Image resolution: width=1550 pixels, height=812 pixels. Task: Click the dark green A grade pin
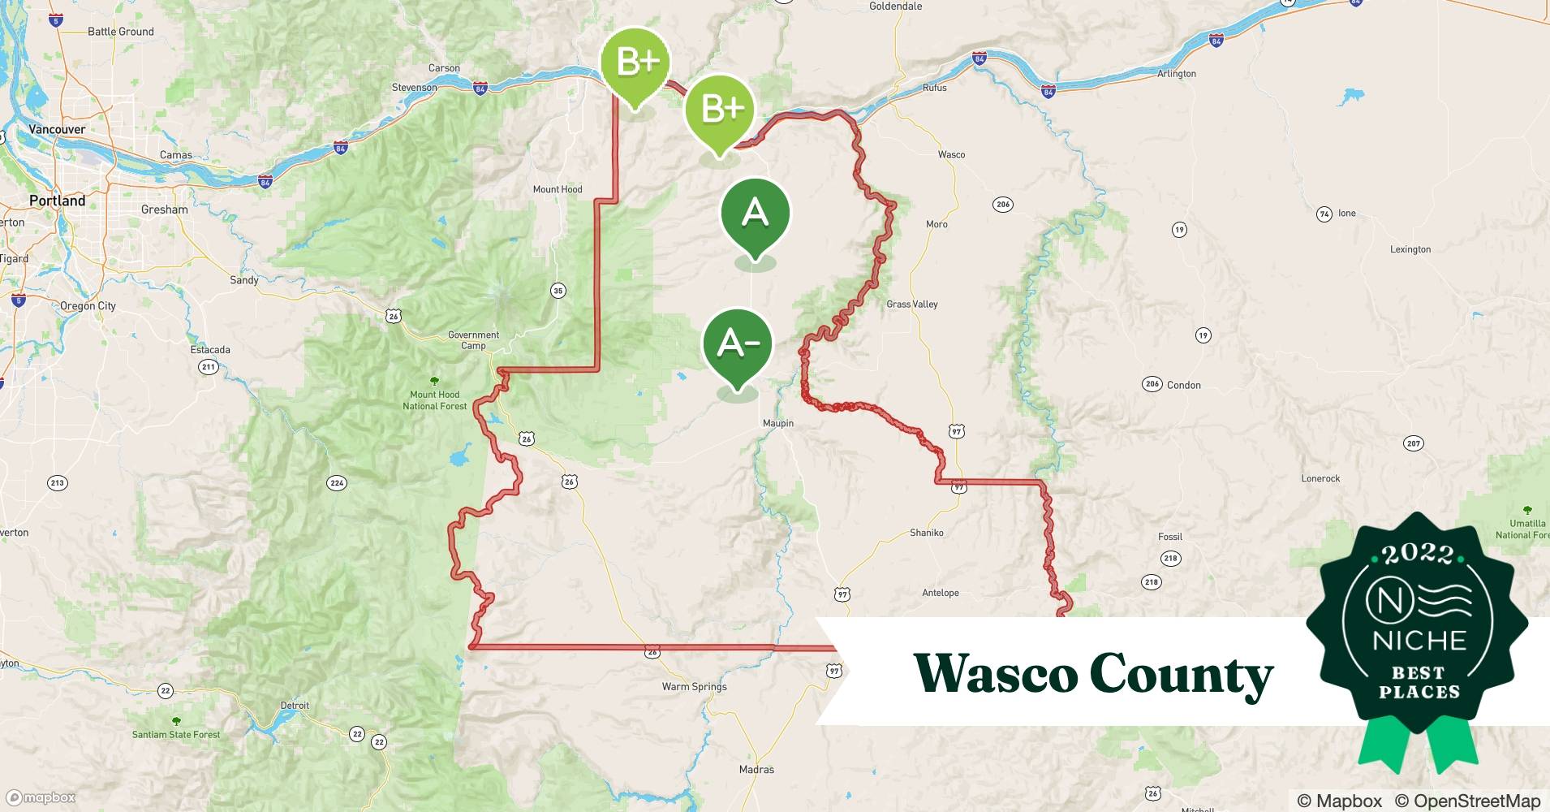[755, 214]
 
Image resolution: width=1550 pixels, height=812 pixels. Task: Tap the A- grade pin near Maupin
[738, 343]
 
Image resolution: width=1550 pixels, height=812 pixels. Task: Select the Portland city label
[57, 201]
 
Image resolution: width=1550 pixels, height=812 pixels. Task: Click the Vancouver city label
[57, 129]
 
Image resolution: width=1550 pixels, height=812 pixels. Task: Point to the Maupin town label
[777, 423]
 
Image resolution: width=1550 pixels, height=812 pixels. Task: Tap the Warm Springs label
[694, 686]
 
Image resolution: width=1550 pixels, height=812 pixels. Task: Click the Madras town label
[756, 769]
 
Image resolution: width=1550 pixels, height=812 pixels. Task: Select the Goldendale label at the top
[895, 6]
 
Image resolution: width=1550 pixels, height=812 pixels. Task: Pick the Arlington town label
[1176, 74]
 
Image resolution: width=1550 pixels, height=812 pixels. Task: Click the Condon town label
[1183, 385]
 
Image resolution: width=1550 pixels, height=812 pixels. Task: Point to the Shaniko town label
[926, 533]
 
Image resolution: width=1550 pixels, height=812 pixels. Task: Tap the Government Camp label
[473, 339]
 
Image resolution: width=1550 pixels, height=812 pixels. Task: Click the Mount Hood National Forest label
[435, 400]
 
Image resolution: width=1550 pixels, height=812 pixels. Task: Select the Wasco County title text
[1092, 674]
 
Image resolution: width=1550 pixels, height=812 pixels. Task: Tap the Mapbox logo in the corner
[41, 797]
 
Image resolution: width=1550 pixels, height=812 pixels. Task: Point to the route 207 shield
[1413, 443]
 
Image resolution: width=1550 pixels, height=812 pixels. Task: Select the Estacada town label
[210, 350]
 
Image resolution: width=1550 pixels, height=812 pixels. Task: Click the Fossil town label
[1169, 537]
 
